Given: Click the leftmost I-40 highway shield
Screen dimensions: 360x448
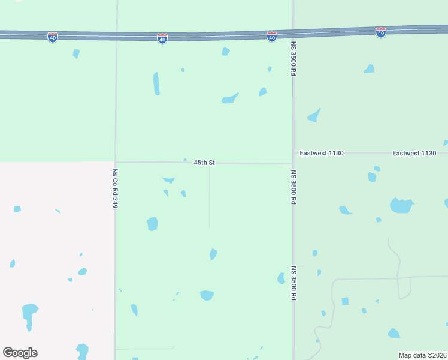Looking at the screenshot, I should pos(53,37).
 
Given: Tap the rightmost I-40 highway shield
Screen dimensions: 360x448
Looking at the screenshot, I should pos(380,32).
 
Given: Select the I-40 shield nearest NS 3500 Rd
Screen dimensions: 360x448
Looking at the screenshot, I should pos(271,37).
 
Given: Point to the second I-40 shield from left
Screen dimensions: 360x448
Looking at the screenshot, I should pos(162,38).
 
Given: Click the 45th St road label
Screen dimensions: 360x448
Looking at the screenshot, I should pos(204,163).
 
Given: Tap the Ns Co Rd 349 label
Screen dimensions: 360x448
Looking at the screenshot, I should pos(114,188).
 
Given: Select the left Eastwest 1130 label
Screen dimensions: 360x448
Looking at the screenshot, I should pos(322,154).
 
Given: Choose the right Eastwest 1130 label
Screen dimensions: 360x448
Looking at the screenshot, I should pos(414,154).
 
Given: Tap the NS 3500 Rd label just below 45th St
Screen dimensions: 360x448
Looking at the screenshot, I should pos(294,187).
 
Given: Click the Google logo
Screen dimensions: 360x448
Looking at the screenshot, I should pos(20,352).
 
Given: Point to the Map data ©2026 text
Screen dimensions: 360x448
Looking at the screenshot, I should pos(422,355).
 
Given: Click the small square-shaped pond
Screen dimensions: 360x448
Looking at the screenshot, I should pos(345,301).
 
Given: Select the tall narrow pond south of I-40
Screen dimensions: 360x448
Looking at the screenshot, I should pos(156,83).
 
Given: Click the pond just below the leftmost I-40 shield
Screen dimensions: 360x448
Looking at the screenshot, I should pos(76,53).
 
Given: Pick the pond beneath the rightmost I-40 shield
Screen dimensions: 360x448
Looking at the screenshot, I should pos(369,69).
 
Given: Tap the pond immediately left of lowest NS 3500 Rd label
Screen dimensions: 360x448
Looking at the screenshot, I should pos(281,278).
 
